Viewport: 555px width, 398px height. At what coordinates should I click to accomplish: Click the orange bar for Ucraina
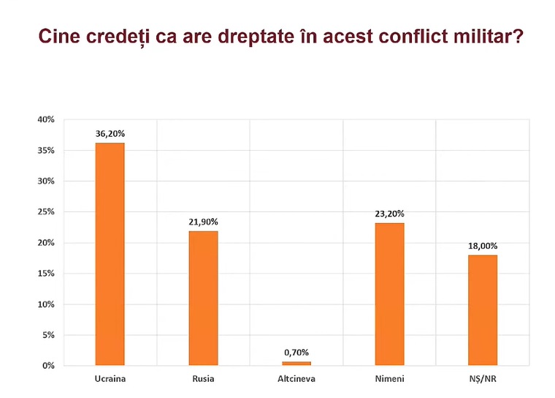coord(110,254)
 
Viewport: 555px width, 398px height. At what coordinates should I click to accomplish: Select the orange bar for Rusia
coord(203,298)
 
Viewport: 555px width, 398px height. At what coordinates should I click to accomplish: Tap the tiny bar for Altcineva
coord(296,363)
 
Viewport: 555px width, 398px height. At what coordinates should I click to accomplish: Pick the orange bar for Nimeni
coord(389,293)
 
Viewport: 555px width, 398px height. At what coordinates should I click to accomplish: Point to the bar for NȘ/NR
coord(482,309)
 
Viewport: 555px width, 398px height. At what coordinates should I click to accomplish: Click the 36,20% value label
coord(110,134)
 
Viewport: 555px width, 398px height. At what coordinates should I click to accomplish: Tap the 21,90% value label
coord(203,222)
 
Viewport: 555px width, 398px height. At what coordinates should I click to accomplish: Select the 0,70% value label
coord(296,353)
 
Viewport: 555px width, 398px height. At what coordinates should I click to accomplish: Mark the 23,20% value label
coord(389,214)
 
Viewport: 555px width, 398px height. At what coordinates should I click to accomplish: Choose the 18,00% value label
coord(482,246)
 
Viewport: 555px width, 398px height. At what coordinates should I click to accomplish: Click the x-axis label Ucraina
coord(110,379)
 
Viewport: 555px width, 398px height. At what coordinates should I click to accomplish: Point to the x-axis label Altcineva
coord(296,379)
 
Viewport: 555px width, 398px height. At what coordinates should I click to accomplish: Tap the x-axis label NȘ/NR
coord(482,379)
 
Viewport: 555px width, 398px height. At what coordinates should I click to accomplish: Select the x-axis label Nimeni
coord(389,379)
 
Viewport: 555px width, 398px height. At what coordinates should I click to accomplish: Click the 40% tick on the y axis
coord(45,119)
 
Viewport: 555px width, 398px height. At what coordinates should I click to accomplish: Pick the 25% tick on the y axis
coord(45,211)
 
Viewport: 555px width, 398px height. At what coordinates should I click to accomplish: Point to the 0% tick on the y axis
coord(47,365)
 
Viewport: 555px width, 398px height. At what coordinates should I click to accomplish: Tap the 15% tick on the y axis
coord(45,273)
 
